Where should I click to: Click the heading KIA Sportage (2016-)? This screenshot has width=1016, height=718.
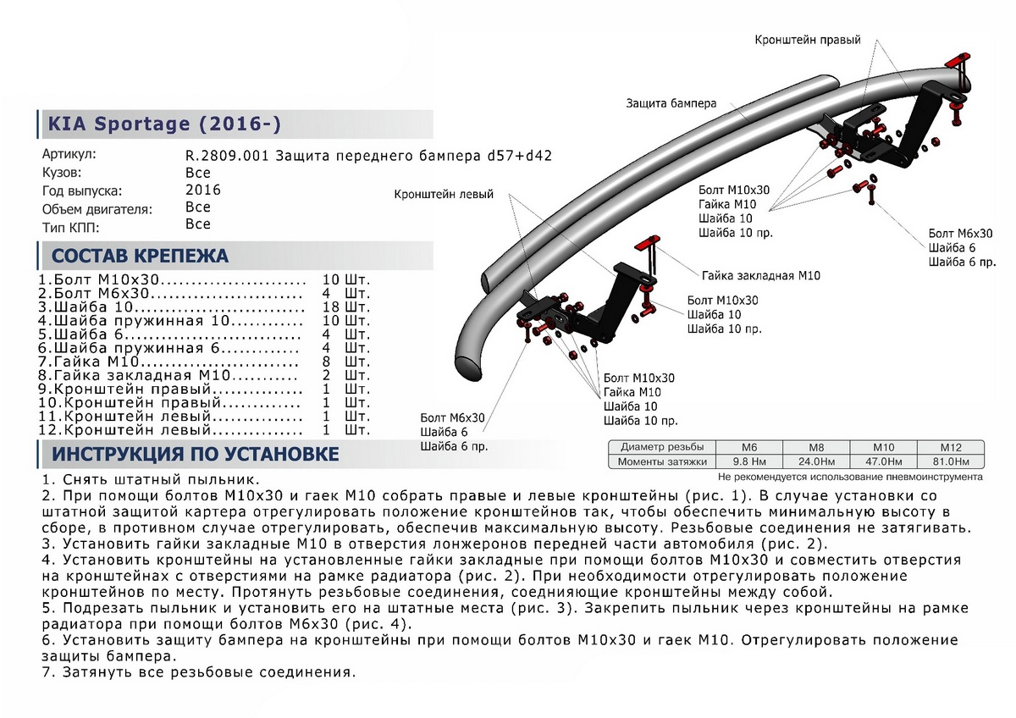(161, 124)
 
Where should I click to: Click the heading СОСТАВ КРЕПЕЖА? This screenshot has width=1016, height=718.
(141, 256)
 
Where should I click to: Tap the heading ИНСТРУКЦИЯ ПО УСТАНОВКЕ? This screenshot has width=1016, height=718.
(196, 454)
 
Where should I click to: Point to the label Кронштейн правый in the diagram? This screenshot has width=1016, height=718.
(808, 40)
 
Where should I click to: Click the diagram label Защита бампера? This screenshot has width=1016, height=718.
(671, 102)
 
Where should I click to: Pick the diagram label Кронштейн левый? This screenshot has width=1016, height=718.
(444, 194)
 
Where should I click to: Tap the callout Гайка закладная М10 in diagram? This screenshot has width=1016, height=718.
(760, 275)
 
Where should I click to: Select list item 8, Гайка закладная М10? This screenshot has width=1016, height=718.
(169, 375)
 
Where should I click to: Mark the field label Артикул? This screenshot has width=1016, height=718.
(69, 155)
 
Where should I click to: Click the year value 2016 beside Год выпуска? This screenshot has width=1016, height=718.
(202, 190)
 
